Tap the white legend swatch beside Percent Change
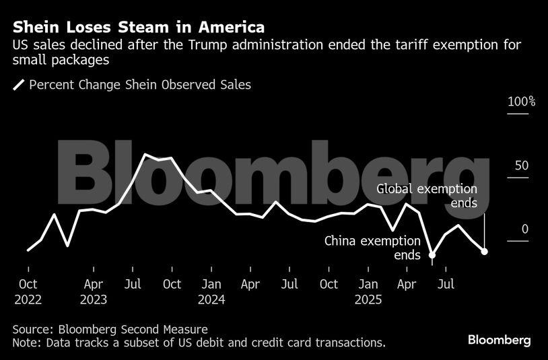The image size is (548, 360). click(x=19, y=85)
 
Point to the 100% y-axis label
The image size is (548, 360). click(x=520, y=102)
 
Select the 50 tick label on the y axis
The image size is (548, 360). click(x=522, y=166)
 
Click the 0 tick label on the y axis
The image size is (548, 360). click(x=524, y=229)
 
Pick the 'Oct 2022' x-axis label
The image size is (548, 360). click(x=28, y=291)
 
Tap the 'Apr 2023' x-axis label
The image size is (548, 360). click(x=94, y=291)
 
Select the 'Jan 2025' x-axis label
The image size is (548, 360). click(x=368, y=291)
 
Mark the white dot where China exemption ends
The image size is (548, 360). click(x=432, y=255)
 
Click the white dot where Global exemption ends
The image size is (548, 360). click(x=485, y=251)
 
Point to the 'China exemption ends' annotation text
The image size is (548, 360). click(x=372, y=247)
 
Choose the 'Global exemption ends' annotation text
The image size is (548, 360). click(x=427, y=196)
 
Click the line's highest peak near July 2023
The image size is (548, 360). click(x=146, y=155)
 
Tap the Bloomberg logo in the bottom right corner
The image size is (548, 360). click(x=499, y=340)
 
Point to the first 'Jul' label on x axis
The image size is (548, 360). click(x=133, y=285)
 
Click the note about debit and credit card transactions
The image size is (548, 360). click(x=199, y=343)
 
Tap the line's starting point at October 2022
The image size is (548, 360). click(x=28, y=250)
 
